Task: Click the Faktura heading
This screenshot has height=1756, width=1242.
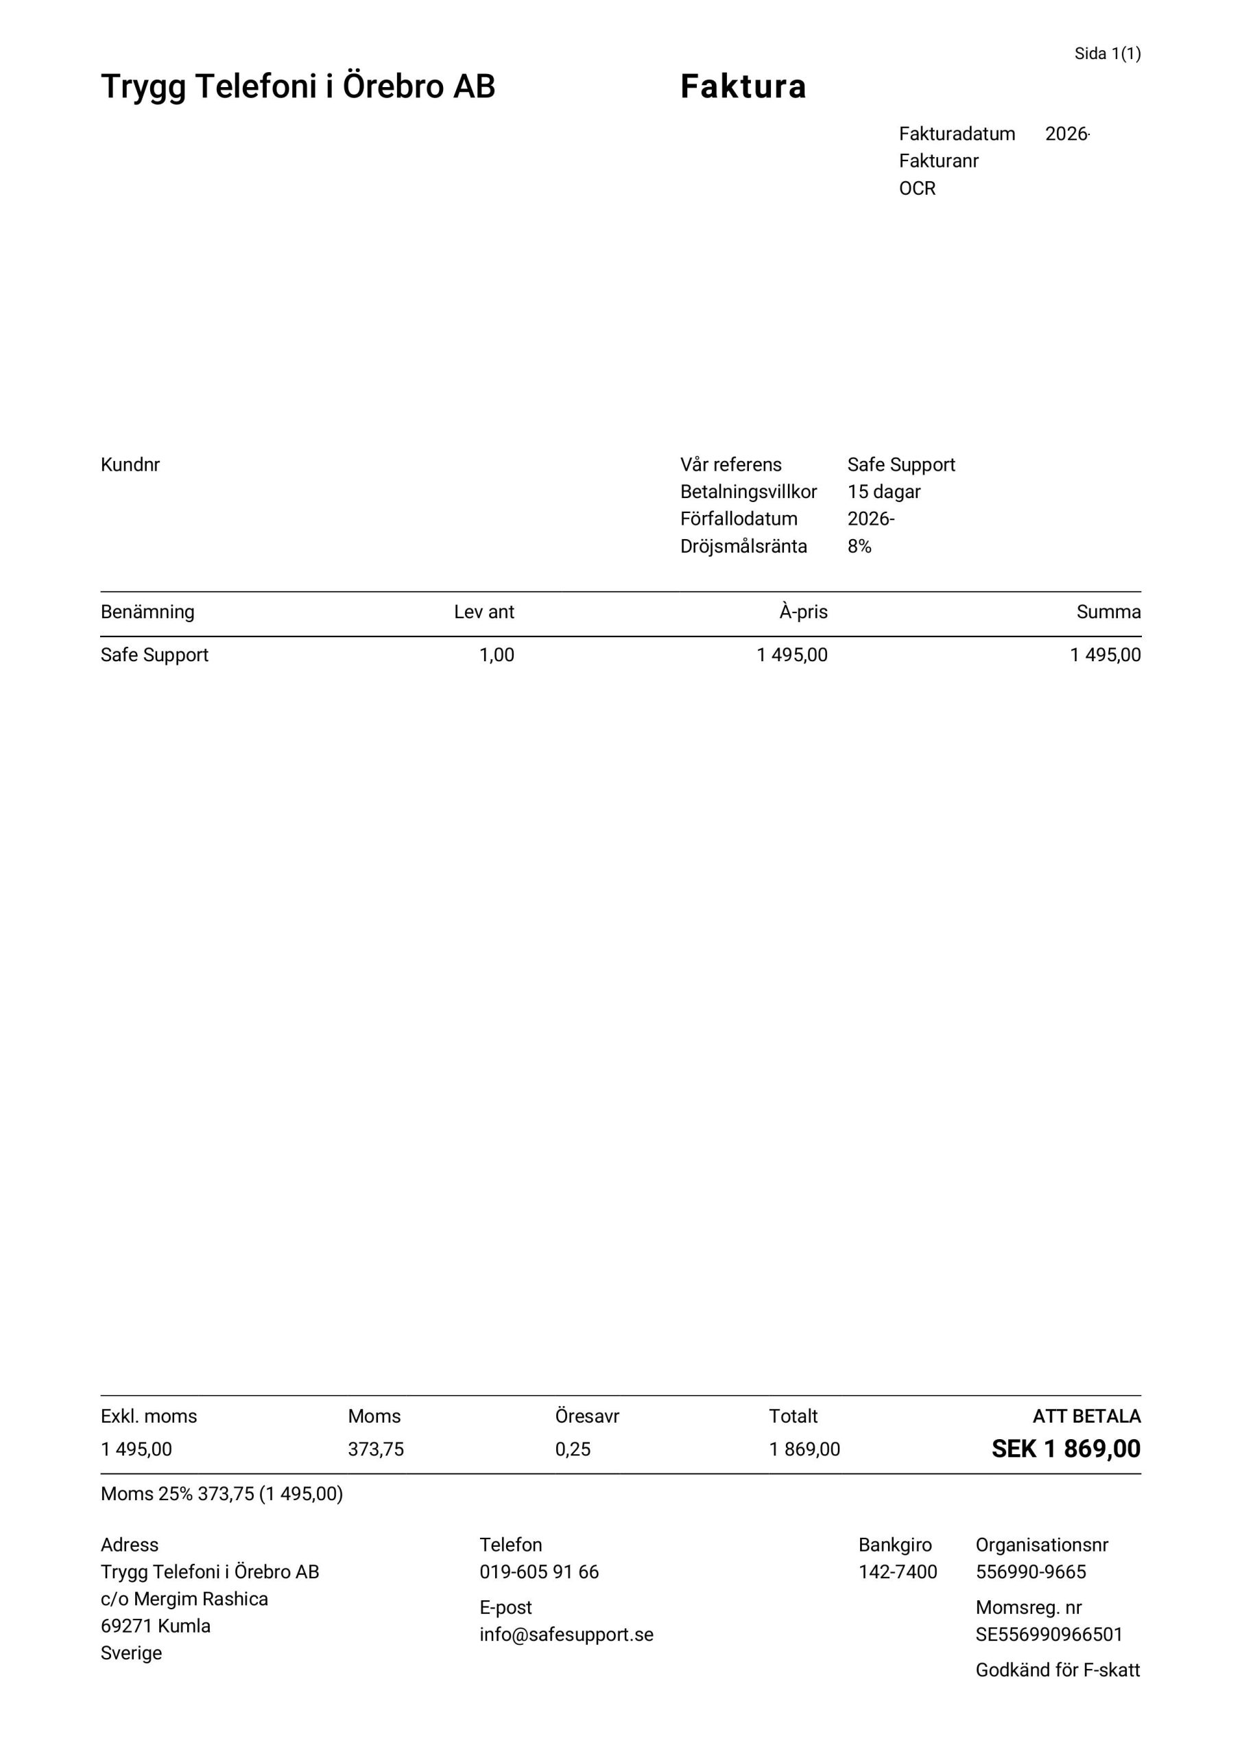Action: [743, 86]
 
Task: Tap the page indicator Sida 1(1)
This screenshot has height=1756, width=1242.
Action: [1107, 54]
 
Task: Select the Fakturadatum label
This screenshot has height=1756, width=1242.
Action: [956, 134]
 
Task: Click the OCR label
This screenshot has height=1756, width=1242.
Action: [917, 188]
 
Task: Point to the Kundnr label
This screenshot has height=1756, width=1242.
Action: [130, 465]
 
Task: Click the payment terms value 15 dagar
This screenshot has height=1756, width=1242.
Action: [883, 492]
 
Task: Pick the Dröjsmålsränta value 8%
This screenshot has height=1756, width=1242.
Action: [859, 546]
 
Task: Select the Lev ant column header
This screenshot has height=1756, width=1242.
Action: [483, 612]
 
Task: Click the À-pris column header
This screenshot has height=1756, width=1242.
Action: [803, 612]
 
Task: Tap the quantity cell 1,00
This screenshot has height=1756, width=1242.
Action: [497, 654]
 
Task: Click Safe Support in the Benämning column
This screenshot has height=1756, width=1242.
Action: [154, 654]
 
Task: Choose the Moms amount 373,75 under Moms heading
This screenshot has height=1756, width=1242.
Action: [376, 1449]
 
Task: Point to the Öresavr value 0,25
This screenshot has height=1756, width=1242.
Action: [573, 1449]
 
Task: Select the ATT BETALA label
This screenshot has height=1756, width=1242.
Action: [1086, 1416]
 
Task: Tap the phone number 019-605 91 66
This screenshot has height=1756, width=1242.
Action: [539, 1571]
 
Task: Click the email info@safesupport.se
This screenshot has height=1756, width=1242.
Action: [566, 1635]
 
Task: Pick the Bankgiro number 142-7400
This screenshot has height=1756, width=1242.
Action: [897, 1571]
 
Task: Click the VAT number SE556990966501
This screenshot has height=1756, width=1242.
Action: [1049, 1635]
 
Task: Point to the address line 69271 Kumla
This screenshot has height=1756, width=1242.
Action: [155, 1626]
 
